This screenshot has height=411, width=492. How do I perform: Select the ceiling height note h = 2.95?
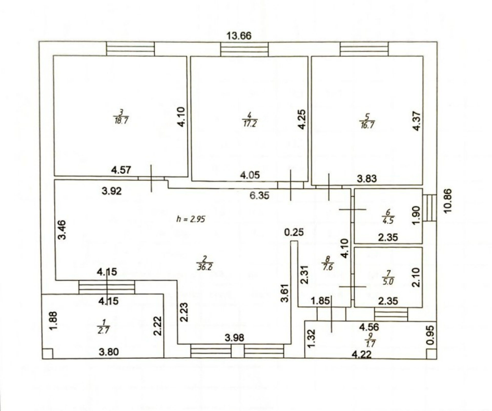(x=191, y=219)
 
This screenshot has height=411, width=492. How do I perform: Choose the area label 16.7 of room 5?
(x=367, y=125)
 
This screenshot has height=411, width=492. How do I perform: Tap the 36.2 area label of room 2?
(x=205, y=267)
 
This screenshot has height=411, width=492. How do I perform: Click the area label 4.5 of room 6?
(x=388, y=221)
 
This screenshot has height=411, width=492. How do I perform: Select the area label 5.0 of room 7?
(x=388, y=282)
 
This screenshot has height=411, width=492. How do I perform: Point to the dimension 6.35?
(x=260, y=196)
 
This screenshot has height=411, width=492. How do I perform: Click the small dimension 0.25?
(x=294, y=232)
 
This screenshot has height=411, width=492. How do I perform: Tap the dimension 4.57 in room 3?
(x=121, y=170)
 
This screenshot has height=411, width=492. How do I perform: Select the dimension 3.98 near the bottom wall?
(x=234, y=338)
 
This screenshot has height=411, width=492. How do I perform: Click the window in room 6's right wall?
(x=429, y=208)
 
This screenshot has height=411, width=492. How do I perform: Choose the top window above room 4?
(x=244, y=49)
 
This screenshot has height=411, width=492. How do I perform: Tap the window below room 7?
(x=391, y=314)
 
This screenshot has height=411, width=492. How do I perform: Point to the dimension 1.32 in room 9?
(x=311, y=338)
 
